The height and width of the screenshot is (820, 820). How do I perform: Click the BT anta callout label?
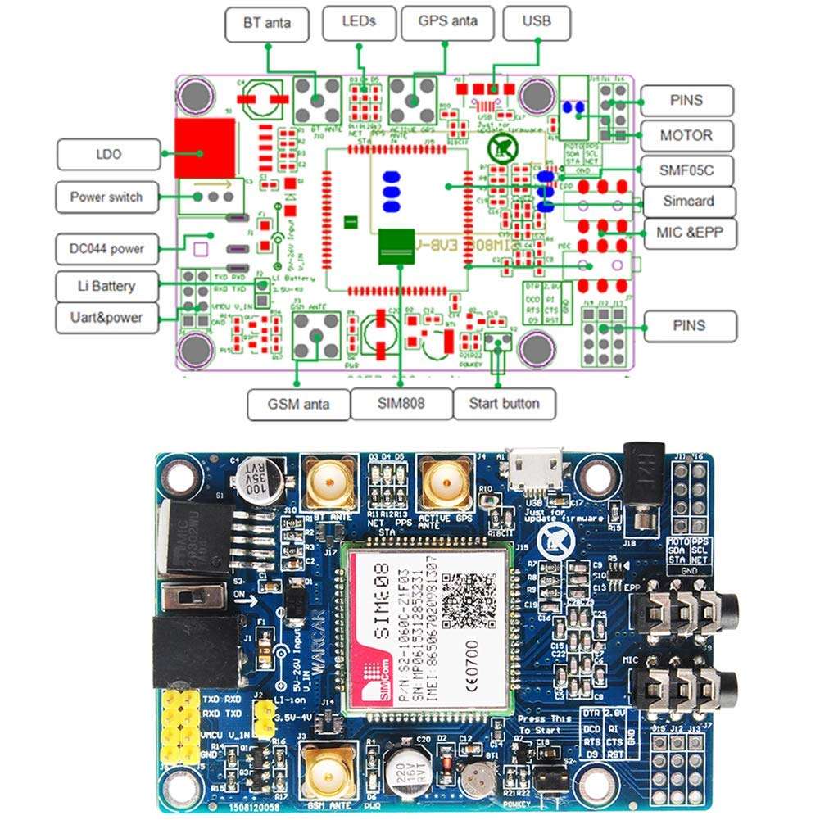pyautogui.click(x=267, y=23)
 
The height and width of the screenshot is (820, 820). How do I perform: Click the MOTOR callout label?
pyautogui.click(x=686, y=134)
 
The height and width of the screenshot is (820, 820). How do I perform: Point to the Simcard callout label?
pyautogui.click(x=687, y=202)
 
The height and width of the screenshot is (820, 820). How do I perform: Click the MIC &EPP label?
pyautogui.click(x=686, y=233)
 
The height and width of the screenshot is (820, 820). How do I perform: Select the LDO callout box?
pyautogui.click(x=108, y=153)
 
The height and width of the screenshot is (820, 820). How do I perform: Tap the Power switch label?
pyautogui.click(x=106, y=197)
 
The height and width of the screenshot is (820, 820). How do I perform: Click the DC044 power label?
pyautogui.click(x=106, y=247)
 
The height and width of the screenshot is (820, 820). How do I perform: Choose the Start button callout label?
pyautogui.click(x=504, y=403)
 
